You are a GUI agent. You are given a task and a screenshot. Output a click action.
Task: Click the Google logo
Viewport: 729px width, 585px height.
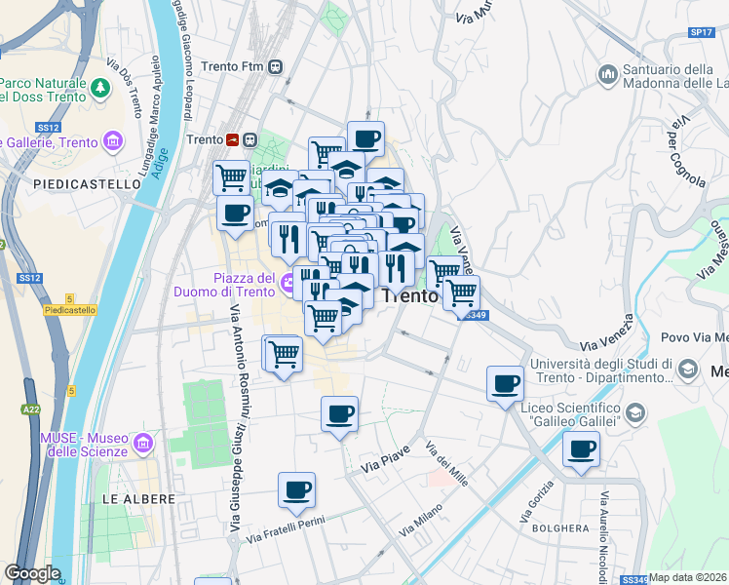32,573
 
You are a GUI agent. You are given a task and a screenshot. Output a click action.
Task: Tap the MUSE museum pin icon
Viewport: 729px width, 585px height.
143,445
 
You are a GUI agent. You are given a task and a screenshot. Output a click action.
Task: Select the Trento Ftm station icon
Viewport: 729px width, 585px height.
277,66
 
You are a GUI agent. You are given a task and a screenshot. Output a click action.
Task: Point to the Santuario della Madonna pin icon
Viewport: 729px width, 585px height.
608,75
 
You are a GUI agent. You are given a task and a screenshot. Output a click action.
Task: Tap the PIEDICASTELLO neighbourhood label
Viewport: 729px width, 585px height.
87,183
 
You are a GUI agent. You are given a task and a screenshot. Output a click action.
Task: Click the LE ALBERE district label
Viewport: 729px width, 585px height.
138,498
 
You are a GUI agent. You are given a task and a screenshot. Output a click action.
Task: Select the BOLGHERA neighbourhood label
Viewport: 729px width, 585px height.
559,528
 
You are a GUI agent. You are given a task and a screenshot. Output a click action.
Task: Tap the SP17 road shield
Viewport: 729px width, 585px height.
702,32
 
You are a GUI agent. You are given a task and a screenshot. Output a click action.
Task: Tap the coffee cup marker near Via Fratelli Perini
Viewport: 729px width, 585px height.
296,490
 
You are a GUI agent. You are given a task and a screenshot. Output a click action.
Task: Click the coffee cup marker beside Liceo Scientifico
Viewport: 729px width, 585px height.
506,383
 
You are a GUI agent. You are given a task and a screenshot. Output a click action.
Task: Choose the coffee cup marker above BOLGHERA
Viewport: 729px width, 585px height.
582,449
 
